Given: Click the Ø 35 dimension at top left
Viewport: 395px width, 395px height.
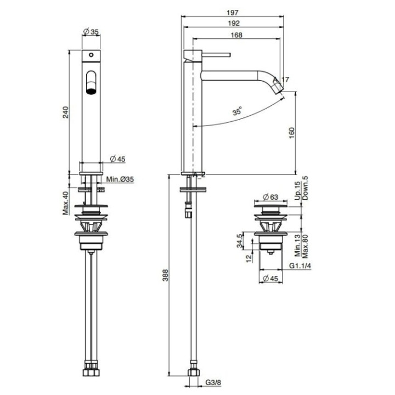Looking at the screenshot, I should coord(91,32).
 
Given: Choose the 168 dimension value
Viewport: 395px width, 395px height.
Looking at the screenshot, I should coord(236,36).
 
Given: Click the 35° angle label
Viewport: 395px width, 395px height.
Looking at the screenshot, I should coord(237,111).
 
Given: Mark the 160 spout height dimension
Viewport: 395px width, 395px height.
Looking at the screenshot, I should coord(292,133).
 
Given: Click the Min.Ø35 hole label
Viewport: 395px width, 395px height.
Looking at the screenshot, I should coord(120,179).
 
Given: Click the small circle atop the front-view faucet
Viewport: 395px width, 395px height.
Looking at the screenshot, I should coord(92,55).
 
